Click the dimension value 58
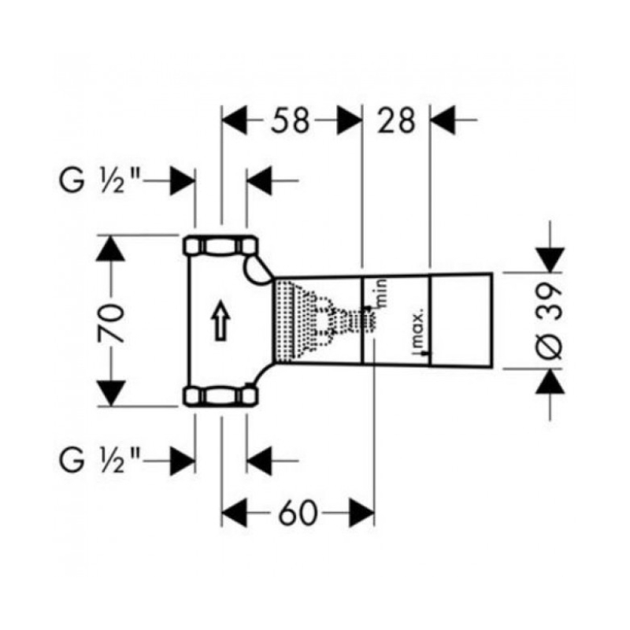tap(290, 120)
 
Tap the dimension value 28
tap(395, 120)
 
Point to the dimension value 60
tap(298, 513)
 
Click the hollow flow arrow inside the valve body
tap(220, 321)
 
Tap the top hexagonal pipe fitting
tap(220, 246)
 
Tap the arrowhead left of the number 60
tap(234, 513)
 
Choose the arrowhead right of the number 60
tap(361, 513)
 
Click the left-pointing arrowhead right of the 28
tap(443, 120)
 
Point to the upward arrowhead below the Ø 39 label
tap(550, 382)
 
